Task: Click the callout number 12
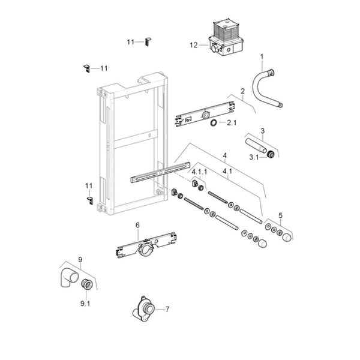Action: [194, 45]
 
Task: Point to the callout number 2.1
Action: [232, 124]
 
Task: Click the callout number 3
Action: [262, 130]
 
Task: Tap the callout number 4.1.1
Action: [200, 172]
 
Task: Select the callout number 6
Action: [137, 226]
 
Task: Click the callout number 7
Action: [167, 310]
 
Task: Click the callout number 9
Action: [80, 260]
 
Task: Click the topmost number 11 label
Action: [130, 42]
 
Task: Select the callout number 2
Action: [242, 91]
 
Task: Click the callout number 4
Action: [224, 156]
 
